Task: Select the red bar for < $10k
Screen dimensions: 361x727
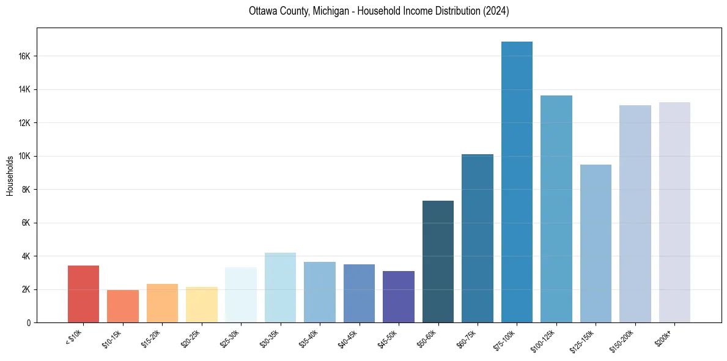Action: tap(83, 294)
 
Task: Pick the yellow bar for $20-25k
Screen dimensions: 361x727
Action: tap(202, 305)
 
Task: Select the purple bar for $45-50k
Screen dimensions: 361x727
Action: tap(399, 297)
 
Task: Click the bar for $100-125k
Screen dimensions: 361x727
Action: tap(556, 209)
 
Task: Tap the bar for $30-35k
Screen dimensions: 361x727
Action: tap(280, 288)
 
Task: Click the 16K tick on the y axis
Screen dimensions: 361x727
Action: tap(25, 56)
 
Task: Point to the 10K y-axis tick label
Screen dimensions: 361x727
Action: tap(25, 156)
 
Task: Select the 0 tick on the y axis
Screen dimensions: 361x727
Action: tap(29, 322)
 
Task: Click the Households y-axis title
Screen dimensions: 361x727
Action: tap(10, 175)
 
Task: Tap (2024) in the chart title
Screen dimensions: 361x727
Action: tap(496, 11)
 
